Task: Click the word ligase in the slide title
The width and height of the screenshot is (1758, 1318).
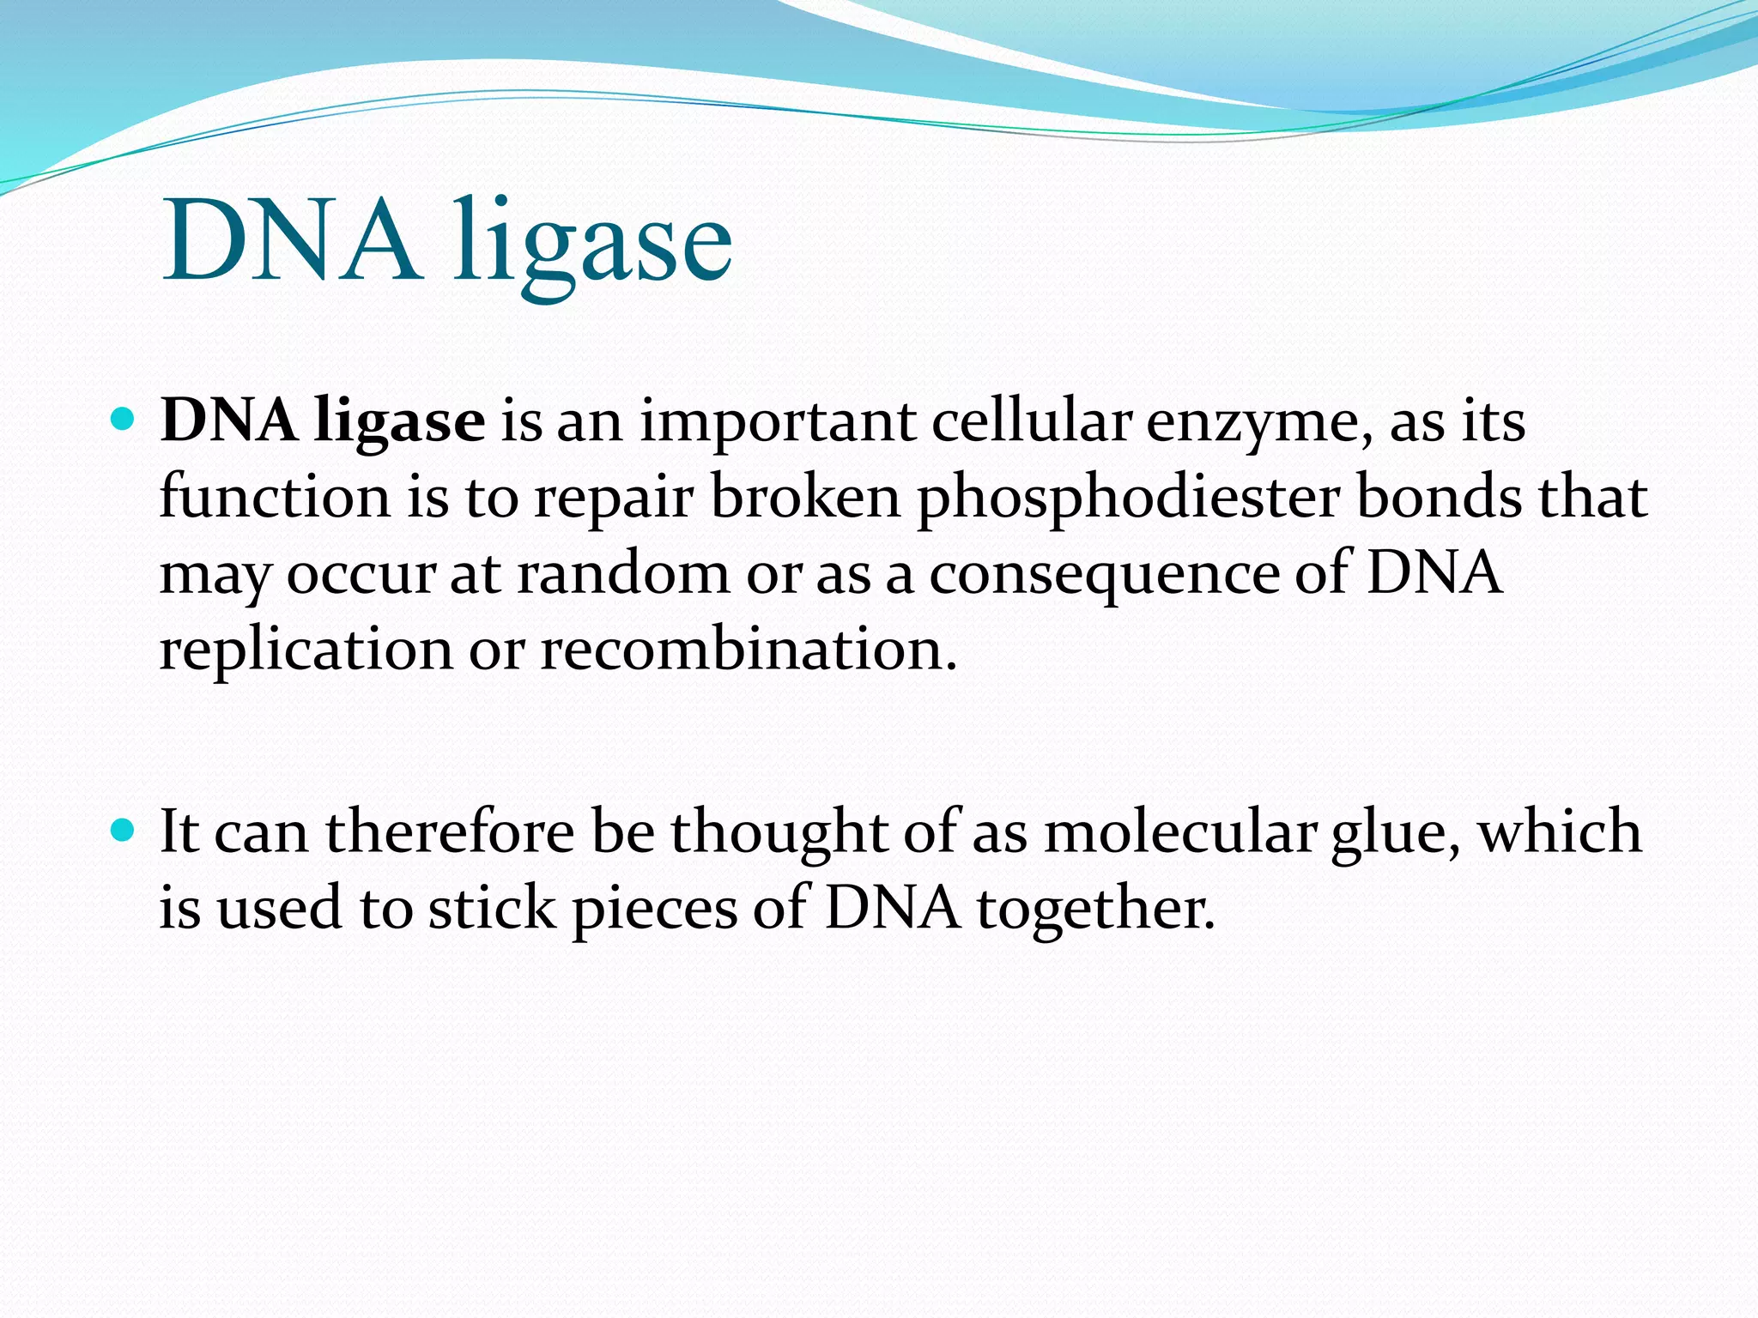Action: pos(592,245)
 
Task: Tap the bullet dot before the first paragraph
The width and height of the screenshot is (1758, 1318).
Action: pos(124,420)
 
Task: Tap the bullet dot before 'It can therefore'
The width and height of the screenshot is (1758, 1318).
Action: pos(124,831)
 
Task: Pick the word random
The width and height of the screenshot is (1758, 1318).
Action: pos(622,573)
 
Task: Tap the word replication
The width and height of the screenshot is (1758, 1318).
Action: pos(306,650)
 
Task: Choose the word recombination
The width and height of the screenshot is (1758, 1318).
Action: pos(748,649)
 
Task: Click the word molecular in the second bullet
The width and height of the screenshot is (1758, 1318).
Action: pos(1179,832)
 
